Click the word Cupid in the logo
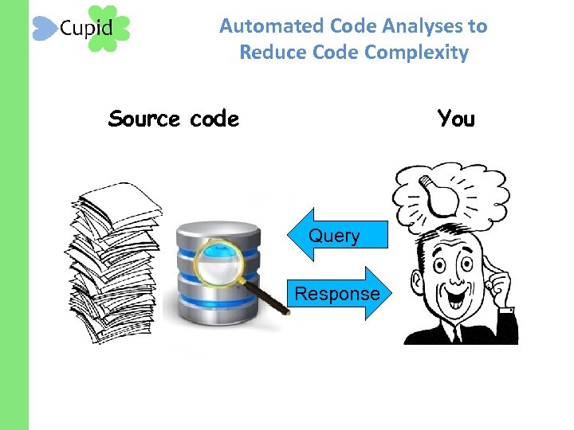[x=86, y=29]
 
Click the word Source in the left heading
[x=144, y=119]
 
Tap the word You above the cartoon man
[x=456, y=119]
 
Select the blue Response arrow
[x=339, y=293]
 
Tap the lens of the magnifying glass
[x=216, y=263]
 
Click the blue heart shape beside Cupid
[x=45, y=29]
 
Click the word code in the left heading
[x=214, y=119]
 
